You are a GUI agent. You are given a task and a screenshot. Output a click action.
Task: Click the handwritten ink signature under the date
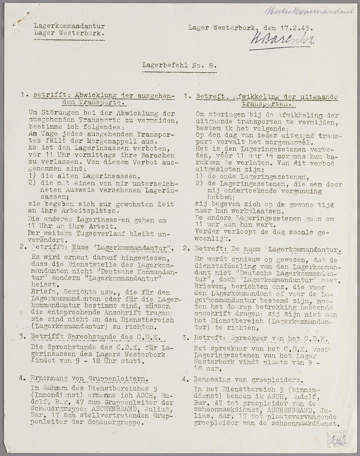282,39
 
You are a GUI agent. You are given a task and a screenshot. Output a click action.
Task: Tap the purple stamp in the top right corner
309,11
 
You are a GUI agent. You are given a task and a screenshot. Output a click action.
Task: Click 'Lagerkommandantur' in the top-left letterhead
69,26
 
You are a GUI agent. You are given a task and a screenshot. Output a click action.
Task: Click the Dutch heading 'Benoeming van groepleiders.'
248,379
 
